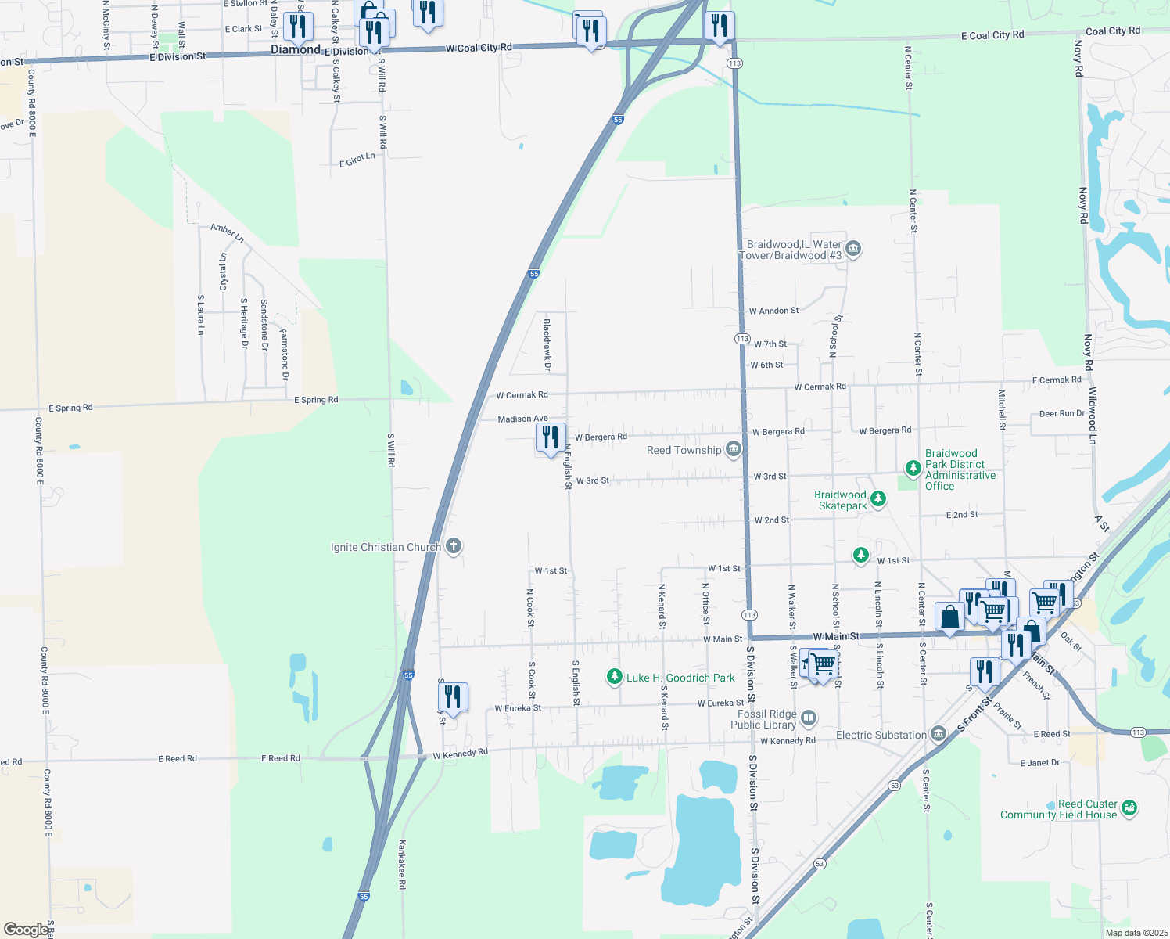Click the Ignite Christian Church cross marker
454,546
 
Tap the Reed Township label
684,450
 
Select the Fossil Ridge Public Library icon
809,718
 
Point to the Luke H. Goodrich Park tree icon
615,677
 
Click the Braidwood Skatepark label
842,500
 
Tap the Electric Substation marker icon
939,734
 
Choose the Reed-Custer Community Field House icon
1129,808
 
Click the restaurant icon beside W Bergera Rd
551,437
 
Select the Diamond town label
296,49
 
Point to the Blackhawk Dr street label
547,344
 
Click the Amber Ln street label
227,232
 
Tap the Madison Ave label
522,419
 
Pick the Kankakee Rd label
403,864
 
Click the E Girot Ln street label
357,160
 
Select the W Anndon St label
773,311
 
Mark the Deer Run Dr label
1062,414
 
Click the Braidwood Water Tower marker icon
853,250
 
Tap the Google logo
26,929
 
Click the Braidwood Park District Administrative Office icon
913,469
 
